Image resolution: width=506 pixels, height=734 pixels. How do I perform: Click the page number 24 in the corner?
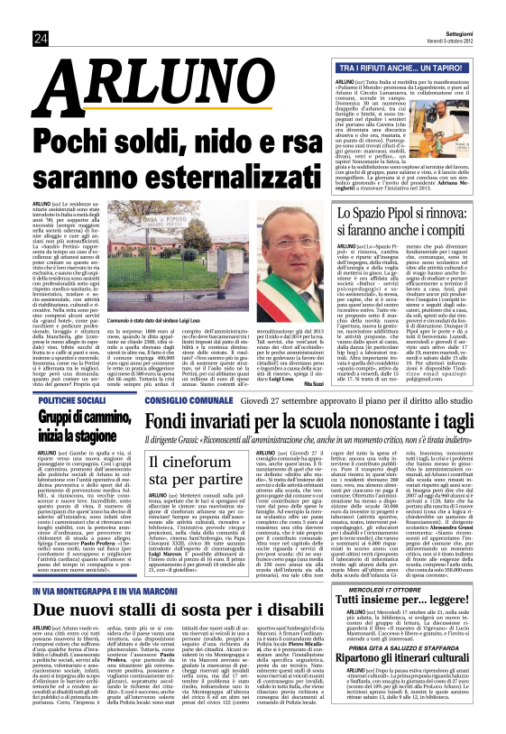41,37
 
